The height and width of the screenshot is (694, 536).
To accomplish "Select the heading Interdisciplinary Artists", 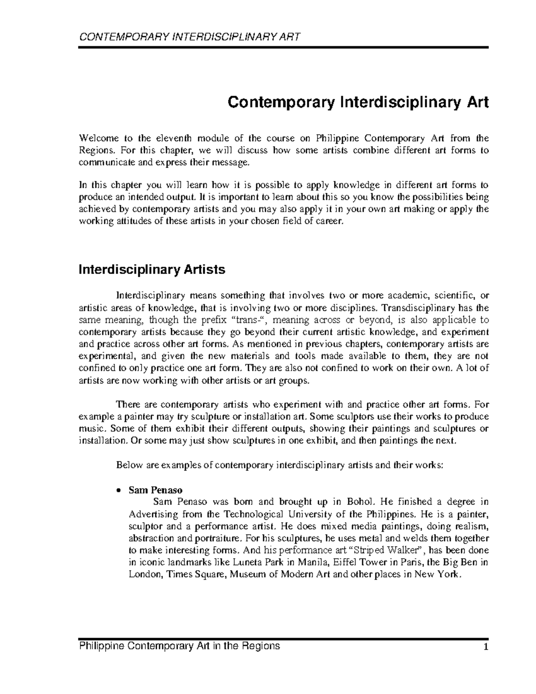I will click(152, 270).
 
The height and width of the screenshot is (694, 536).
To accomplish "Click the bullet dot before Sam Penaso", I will click(119, 490).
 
